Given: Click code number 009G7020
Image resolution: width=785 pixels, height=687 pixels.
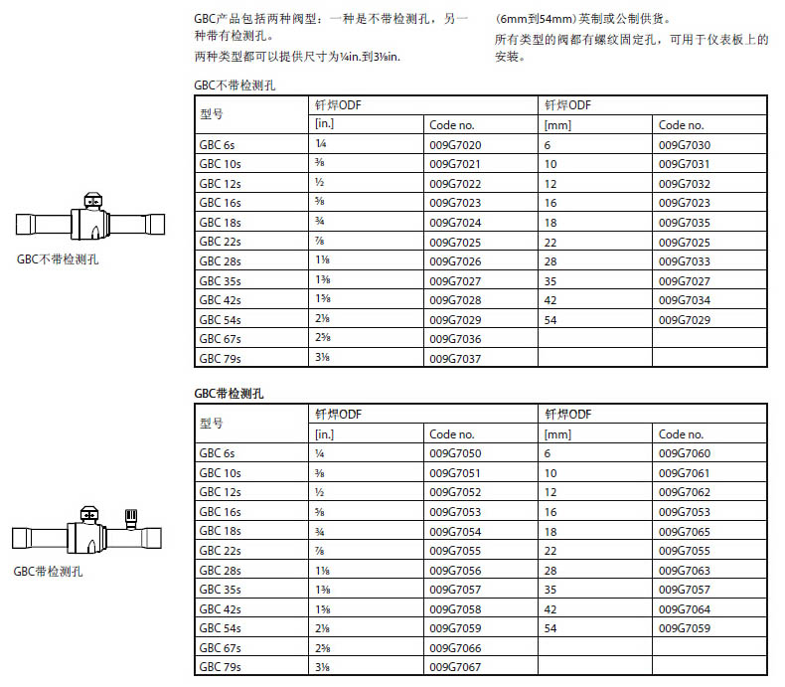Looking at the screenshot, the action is pyautogui.click(x=455, y=145).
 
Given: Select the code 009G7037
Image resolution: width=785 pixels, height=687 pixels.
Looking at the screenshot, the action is pyautogui.click(x=455, y=358).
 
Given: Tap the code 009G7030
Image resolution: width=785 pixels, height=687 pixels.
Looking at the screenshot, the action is pyautogui.click(x=685, y=145).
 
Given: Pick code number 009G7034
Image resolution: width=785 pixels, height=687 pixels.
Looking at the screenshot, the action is pyautogui.click(x=685, y=299).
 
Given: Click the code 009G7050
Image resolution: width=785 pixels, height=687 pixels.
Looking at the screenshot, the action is pyautogui.click(x=455, y=453).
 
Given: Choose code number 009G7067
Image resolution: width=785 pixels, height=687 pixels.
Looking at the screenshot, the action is pyautogui.click(x=455, y=666).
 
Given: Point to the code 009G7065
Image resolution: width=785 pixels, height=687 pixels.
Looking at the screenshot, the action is pyautogui.click(x=685, y=531).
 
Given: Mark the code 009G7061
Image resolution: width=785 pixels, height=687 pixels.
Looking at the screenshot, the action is pyautogui.click(x=685, y=473).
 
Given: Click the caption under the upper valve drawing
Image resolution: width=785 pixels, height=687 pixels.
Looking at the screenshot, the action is pyautogui.click(x=57, y=260).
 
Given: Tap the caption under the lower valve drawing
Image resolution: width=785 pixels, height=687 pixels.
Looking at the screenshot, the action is pyautogui.click(x=49, y=572).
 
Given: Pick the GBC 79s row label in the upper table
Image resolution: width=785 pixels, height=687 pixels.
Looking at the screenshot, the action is pyautogui.click(x=220, y=358).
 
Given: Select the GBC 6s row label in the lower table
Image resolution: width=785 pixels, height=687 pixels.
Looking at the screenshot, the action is pyautogui.click(x=217, y=453).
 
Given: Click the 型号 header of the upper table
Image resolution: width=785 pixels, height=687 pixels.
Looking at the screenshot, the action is pyautogui.click(x=212, y=114).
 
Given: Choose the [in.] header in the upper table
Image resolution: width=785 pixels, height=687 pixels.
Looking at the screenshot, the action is pyautogui.click(x=324, y=125).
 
